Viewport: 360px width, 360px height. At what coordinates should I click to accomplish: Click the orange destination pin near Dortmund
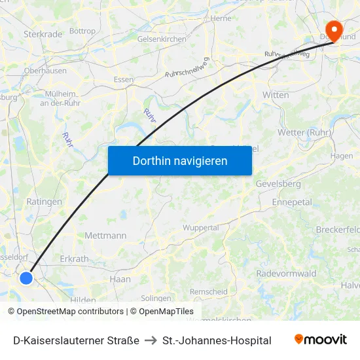click(x=334, y=30)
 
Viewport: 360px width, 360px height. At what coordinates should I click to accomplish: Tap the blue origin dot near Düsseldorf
click(x=26, y=278)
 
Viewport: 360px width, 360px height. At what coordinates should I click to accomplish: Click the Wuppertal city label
click(x=200, y=228)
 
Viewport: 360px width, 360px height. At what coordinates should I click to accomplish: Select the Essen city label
click(x=123, y=79)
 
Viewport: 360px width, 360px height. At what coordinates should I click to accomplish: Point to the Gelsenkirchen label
click(x=162, y=39)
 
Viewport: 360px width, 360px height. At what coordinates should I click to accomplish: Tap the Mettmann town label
click(x=105, y=236)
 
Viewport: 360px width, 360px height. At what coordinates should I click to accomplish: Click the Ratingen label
click(x=44, y=202)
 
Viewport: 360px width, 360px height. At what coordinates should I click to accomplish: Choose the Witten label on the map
click(x=276, y=95)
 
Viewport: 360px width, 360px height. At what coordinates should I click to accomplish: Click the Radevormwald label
click(x=287, y=274)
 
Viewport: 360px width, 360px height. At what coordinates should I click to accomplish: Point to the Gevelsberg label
click(x=278, y=184)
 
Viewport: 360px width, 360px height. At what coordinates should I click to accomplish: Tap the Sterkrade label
click(x=43, y=33)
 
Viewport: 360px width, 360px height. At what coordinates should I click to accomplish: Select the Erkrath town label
click(x=74, y=259)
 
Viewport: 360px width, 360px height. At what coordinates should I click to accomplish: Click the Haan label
click(x=120, y=279)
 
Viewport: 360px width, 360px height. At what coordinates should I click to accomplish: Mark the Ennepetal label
click(x=292, y=202)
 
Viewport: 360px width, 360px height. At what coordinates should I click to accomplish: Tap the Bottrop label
click(x=82, y=31)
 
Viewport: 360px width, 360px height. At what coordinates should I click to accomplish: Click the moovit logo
click(x=321, y=340)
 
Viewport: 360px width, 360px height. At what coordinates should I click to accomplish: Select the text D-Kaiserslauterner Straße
click(x=76, y=340)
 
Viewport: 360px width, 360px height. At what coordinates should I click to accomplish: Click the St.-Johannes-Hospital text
click(x=217, y=340)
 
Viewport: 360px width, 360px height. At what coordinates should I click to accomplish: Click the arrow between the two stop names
click(x=151, y=340)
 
